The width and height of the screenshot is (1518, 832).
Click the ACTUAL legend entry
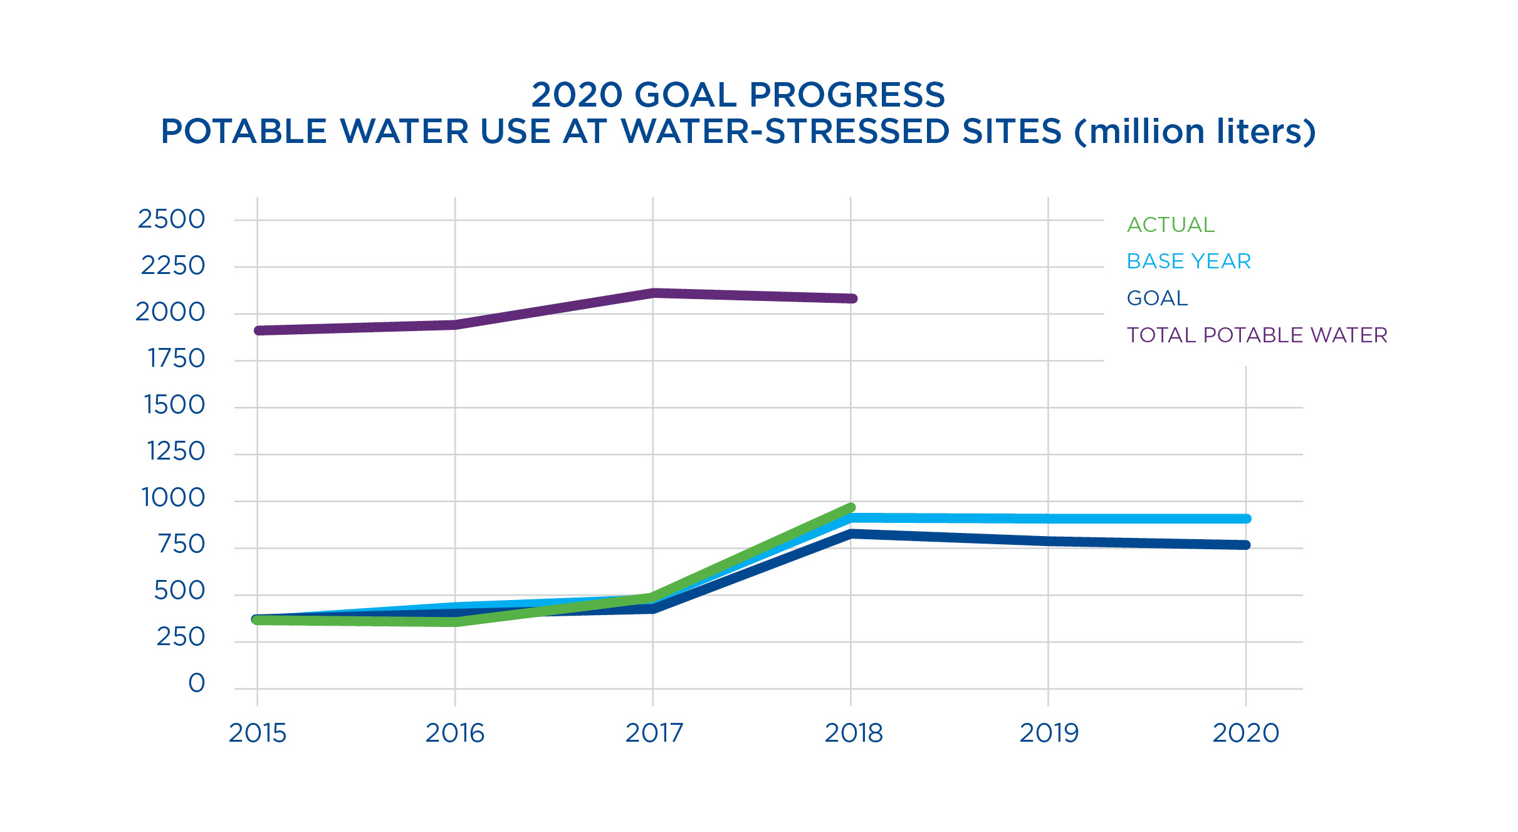(x=1170, y=224)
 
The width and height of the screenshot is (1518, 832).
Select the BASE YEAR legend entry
(x=1188, y=261)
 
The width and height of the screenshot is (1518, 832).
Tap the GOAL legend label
(x=1157, y=298)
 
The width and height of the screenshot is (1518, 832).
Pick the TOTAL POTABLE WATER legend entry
(x=1257, y=335)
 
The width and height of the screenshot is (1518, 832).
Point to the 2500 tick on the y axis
(x=172, y=219)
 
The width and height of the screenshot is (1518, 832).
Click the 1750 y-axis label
(x=176, y=359)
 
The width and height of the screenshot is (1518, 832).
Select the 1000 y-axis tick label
(x=174, y=498)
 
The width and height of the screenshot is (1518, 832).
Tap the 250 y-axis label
(x=181, y=637)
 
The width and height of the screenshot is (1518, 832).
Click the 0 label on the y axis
(x=197, y=683)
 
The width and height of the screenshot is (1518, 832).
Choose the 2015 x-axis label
(x=257, y=733)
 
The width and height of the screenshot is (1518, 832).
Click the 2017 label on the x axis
(x=654, y=733)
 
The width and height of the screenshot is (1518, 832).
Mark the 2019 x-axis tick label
(x=1049, y=733)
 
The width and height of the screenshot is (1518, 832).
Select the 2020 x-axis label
(x=1245, y=733)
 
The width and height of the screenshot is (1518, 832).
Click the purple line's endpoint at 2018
(x=852, y=298)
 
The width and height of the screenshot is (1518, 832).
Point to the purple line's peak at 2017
(x=653, y=292)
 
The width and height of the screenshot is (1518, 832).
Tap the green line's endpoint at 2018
(x=851, y=507)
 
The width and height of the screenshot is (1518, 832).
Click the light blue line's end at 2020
(x=1246, y=519)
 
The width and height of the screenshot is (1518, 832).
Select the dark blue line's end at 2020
(x=1246, y=545)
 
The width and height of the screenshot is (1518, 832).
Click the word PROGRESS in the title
(x=847, y=95)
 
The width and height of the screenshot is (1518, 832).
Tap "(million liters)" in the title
(x=1195, y=132)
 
